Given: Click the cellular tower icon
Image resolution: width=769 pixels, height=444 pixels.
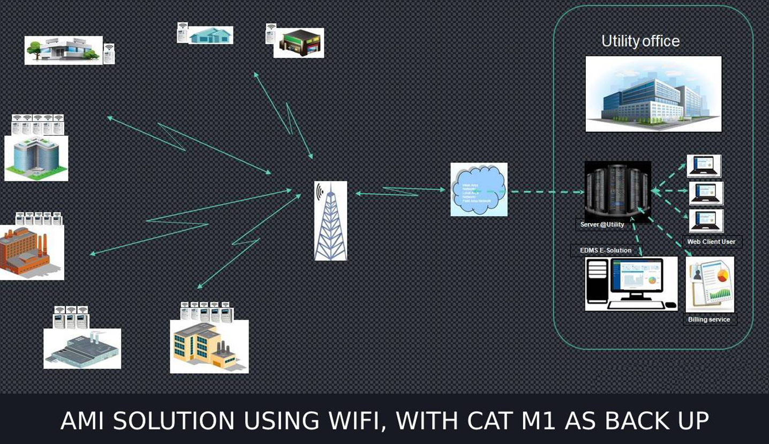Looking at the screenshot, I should [x=330, y=220].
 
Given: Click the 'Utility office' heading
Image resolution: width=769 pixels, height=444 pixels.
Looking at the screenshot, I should [x=640, y=41].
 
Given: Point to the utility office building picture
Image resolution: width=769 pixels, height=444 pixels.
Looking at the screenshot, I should [x=653, y=94].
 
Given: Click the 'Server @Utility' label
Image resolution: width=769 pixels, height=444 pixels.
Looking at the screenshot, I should [x=602, y=225].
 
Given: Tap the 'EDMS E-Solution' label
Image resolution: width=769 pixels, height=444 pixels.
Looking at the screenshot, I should [x=606, y=250].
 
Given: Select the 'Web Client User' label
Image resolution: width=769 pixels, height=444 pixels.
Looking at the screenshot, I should [x=711, y=242].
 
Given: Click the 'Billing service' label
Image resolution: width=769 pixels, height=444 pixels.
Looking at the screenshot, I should [x=709, y=320].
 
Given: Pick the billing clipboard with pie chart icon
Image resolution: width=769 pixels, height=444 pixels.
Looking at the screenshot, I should [x=710, y=284].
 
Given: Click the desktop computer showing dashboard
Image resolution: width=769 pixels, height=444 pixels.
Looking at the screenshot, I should [x=631, y=284].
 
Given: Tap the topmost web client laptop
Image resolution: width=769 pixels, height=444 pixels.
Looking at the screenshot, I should [x=704, y=166].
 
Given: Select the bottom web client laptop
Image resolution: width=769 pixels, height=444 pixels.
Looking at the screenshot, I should [x=706, y=221].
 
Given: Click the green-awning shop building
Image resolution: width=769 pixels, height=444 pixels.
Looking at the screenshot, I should [x=299, y=43].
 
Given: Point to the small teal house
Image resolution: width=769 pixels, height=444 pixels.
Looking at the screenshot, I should [x=210, y=35].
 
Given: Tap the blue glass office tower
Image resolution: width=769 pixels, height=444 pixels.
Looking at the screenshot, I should [x=36, y=158].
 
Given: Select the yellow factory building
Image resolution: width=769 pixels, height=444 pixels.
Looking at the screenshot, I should [x=209, y=346].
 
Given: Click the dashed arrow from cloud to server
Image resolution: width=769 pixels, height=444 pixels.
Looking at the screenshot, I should [x=546, y=191].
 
